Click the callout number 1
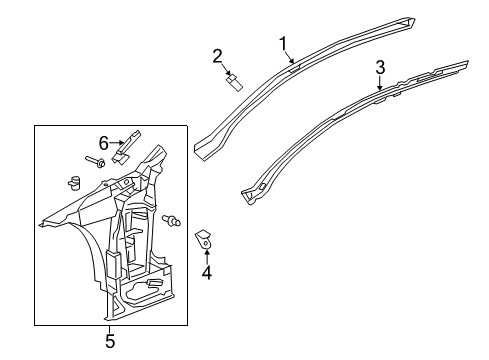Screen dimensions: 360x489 [x=283, y=43]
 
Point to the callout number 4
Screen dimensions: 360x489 [x=206, y=271]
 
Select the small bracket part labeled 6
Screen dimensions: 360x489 [x=126, y=149]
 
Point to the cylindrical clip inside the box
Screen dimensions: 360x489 [x=73, y=183]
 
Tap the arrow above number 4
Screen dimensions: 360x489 [x=206, y=254]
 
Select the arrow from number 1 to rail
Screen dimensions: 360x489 [x=289, y=58]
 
